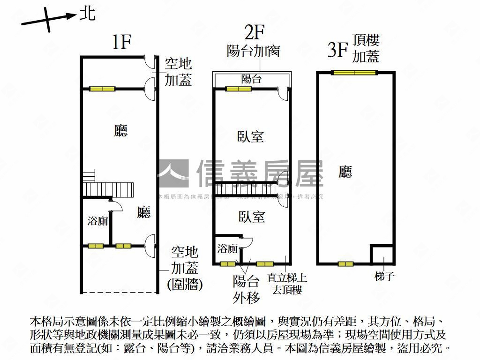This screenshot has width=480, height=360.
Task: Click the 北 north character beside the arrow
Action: click(x=87, y=13)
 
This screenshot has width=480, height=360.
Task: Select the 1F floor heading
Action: click(x=121, y=43)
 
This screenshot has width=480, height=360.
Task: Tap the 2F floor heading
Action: click(x=255, y=32)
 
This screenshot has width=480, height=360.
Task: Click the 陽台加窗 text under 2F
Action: click(x=253, y=51)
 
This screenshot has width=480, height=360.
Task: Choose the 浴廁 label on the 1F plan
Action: click(x=97, y=221)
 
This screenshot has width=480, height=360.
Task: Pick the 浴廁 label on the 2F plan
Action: click(x=227, y=248)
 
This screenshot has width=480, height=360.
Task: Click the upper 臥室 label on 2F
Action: click(x=251, y=137)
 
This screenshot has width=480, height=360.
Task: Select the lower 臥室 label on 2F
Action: click(x=252, y=217)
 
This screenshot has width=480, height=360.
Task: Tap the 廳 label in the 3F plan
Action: click(x=345, y=172)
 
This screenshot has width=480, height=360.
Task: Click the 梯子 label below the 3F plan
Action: click(x=385, y=276)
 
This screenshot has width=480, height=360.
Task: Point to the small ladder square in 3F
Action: click(x=382, y=255)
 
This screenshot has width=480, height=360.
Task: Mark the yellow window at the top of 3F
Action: click(x=354, y=73)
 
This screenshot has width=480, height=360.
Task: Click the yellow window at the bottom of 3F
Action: click(x=345, y=264)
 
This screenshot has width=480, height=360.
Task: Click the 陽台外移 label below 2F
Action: click(x=246, y=289)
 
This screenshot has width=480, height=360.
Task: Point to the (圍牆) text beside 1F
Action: click(x=185, y=284)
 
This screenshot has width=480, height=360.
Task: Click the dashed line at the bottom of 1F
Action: click(x=120, y=292)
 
